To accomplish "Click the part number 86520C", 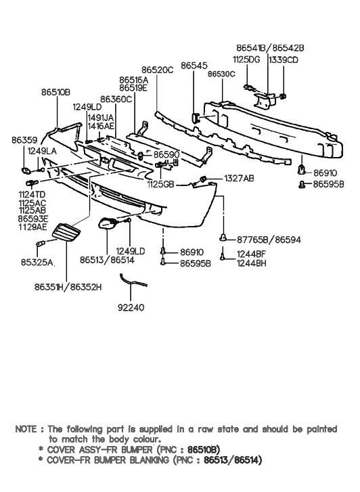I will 157,70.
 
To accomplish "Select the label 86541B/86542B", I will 270,48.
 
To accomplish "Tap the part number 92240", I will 131,307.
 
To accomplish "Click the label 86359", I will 24,140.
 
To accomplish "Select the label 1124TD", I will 32,195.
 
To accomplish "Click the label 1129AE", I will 32,227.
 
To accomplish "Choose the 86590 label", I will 166,155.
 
